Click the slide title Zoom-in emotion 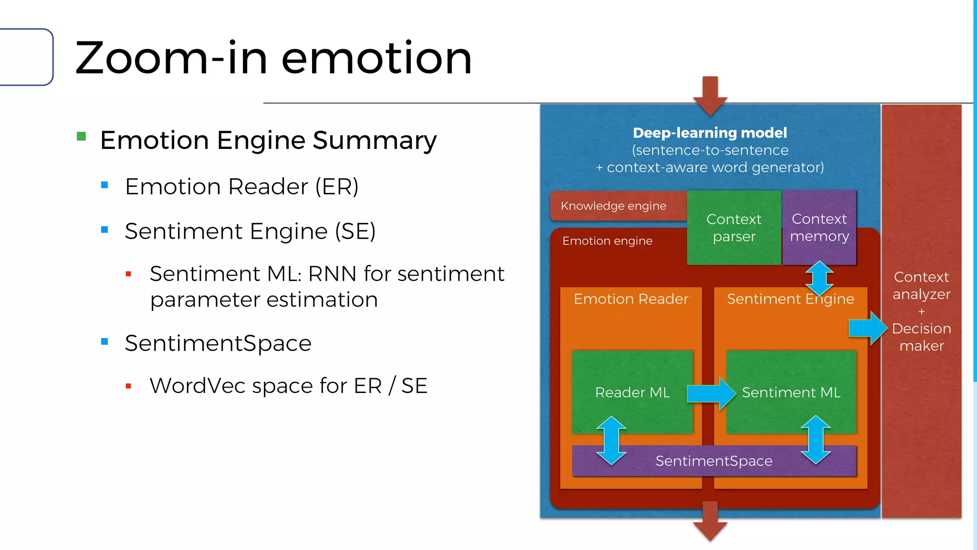pyautogui.click(x=273, y=58)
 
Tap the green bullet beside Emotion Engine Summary pyautogui.click(x=82, y=137)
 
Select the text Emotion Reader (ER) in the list pyautogui.click(x=241, y=186)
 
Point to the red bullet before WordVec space pyautogui.click(x=128, y=386)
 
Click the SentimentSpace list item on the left pyautogui.click(x=218, y=343)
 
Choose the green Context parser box pyautogui.click(x=734, y=228)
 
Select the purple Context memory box pyautogui.click(x=819, y=227)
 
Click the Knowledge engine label pyautogui.click(x=613, y=206)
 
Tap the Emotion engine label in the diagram pyautogui.click(x=607, y=241)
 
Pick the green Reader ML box pyautogui.click(x=632, y=392)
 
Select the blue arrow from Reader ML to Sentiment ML pyautogui.click(x=711, y=393)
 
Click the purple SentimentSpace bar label pyautogui.click(x=714, y=461)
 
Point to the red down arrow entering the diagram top pyautogui.click(x=710, y=95)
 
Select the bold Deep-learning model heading pyautogui.click(x=709, y=133)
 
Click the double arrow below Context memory pyautogui.click(x=819, y=278)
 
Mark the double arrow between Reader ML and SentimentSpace pyautogui.click(x=611, y=440)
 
